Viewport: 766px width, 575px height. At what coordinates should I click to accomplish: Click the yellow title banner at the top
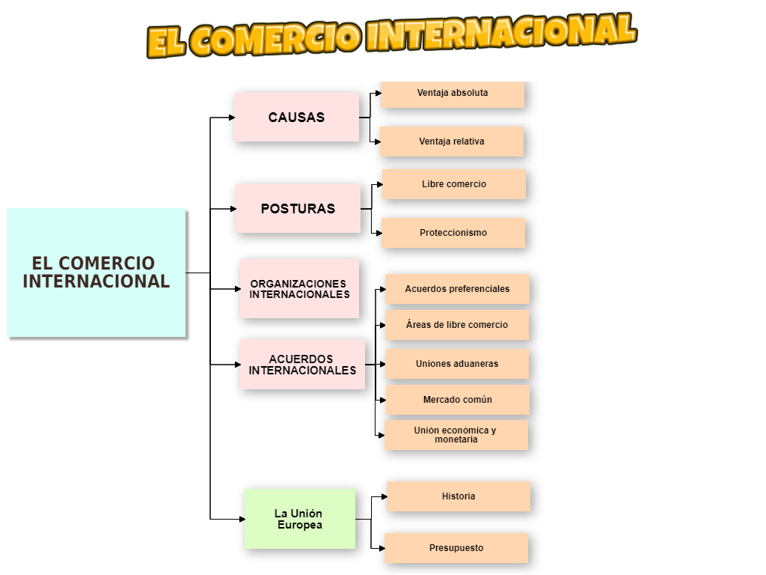(391, 35)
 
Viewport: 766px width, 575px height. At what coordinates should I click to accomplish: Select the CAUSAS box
(296, 118)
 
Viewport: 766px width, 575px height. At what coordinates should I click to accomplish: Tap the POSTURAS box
(298, 209)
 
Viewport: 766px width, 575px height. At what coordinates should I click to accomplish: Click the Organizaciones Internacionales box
(299, 289)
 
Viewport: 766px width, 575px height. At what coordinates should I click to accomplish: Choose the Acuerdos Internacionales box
(302, 365)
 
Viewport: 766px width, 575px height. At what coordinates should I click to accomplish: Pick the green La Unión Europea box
(299, 519)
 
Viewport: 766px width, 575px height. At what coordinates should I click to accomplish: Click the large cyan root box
(96, 273)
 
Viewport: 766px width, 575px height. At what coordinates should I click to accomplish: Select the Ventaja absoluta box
(453, 94)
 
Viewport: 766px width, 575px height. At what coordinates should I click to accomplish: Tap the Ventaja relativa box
(452, 142)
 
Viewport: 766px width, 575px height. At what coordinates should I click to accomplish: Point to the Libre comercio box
(454, 184)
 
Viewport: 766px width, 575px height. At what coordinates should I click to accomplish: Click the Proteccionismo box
(453, 233)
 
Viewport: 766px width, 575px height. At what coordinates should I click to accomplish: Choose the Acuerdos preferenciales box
(457, 289)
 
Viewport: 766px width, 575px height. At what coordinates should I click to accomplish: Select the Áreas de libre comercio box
(457, 325)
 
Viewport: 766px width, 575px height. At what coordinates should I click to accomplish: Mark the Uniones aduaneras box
(457, 364)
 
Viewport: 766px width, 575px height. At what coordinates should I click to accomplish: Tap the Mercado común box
(458, 400)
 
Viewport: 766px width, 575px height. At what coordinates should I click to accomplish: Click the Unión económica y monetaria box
(456, 435)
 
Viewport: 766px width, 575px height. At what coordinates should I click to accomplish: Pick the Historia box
(459, 496)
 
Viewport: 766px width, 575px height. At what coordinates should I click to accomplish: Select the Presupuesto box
(456, 548)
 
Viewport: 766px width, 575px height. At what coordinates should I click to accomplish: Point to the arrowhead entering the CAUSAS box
(232, 118)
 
